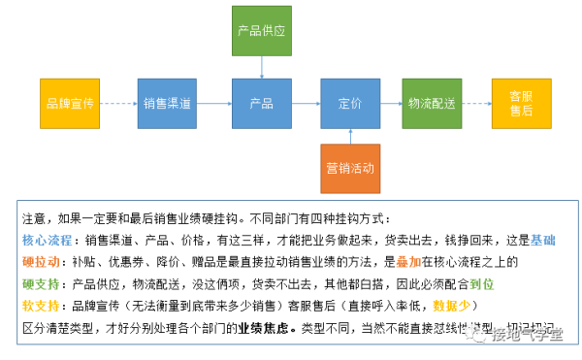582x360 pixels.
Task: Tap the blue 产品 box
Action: (261, 103)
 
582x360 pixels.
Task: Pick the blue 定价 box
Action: (350, 103)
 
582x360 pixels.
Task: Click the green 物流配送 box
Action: (433, 103)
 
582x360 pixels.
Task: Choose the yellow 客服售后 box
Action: (522, 103)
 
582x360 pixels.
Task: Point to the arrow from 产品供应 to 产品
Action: (261, 66)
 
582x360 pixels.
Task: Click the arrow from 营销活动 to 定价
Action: (350, 136)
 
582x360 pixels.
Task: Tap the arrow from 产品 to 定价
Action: (306, 103)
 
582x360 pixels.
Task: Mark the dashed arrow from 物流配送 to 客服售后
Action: (477, 103)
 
